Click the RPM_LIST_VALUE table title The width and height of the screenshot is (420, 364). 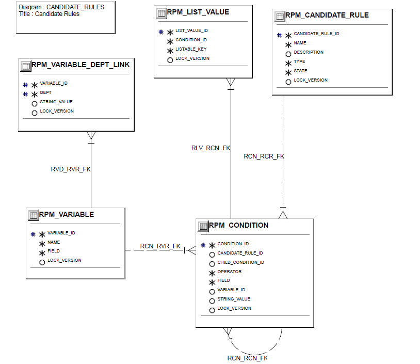[198, 12]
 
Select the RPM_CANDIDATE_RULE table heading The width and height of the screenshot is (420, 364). [327, 15]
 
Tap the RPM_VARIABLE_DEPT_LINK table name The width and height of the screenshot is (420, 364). [80, 65]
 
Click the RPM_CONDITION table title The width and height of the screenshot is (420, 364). [238, 225]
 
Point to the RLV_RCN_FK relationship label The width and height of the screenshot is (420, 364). [211, 148]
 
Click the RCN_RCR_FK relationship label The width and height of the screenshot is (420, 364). [264, 156]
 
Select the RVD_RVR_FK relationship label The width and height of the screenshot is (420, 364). [71, 169]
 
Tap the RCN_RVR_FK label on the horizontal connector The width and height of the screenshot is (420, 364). [160, 246]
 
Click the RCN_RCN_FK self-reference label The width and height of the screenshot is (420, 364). [247, 358]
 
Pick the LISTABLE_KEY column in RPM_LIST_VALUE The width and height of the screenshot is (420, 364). [191, 49]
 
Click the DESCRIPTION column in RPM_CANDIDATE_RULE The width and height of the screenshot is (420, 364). [309, 52]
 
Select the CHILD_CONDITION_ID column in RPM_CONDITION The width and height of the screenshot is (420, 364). [240, 262]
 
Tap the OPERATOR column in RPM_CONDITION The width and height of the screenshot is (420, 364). [229, 272]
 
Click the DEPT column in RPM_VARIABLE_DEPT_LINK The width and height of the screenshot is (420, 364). [45, 92]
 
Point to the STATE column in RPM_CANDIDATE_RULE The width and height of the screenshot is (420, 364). [300, 71]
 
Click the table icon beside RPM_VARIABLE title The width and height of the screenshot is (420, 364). [33, 215]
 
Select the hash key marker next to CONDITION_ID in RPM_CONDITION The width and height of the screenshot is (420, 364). [203, 245]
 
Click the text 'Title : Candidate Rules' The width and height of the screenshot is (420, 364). [49, 14]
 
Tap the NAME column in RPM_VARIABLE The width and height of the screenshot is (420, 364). [54, 242]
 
